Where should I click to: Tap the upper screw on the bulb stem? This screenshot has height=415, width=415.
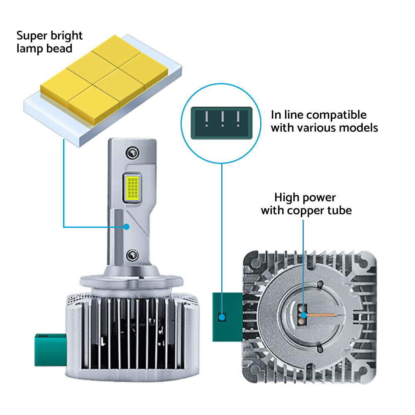click(x=132, y=153)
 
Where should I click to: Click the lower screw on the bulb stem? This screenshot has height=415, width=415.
click(x=132, y=255)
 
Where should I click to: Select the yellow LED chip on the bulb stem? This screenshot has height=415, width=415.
click(x=132, y=188)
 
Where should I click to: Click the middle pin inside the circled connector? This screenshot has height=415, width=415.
click(x=222, y=119)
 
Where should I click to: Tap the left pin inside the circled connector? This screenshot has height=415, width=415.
click(x=207, y=119)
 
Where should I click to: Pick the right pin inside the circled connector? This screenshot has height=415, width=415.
click(x=238, y=119)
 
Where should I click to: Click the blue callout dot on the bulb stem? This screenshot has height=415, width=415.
click(x=127, y=227)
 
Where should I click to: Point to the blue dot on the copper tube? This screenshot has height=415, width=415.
click(x=303, y=315)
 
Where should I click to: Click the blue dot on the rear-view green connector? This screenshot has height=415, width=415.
click(x=222, y=317)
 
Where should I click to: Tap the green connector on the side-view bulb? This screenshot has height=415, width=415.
click(x=50, y=350)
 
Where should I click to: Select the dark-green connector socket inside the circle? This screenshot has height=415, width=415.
click(x=222, y=123)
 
